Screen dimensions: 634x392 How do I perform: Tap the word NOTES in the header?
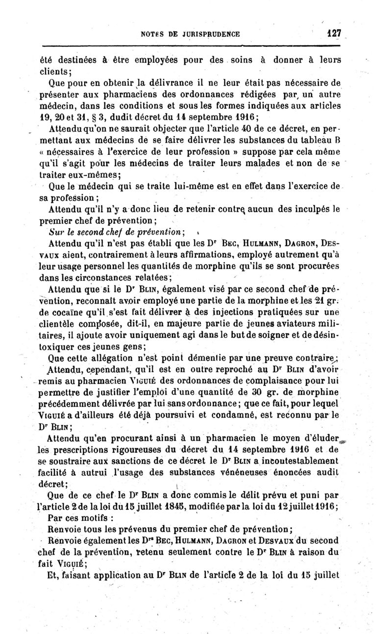point(151,34)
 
